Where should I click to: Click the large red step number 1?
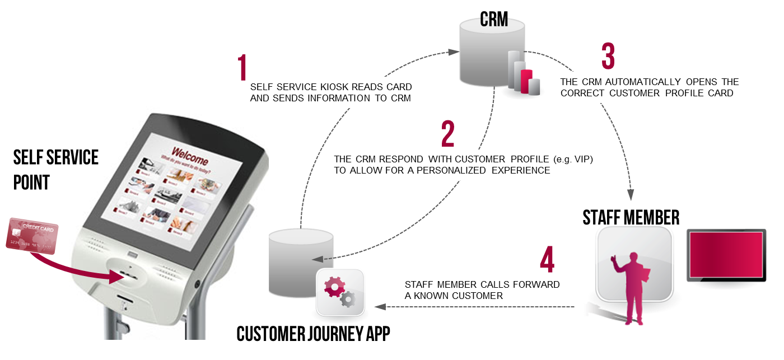point(242,68)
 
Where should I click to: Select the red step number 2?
point(447,134)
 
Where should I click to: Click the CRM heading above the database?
point(494,20)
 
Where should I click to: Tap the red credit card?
point(32,237)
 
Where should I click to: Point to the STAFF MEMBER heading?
point(631,217)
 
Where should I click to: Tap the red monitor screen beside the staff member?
point(726,255)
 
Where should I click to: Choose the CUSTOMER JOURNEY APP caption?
point(313,334)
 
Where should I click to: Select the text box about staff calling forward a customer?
point(485,290)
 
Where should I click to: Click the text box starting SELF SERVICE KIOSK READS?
point(330,93)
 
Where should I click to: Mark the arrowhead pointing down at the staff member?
point(631,194)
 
